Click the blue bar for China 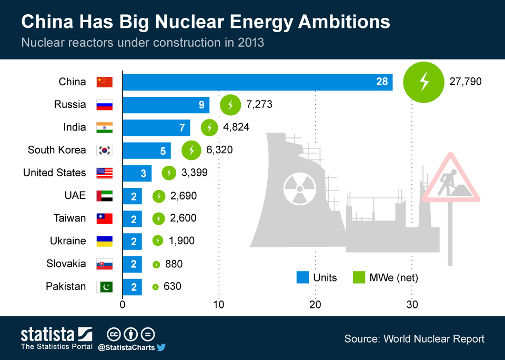(x=257, y=82)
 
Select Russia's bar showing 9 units (x=166, y=105)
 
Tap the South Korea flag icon (x=104, y=151)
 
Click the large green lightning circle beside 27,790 (x=424, y=82)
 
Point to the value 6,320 (x=219, y=150)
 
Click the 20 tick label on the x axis (x=315, y=304)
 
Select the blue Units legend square (x=302, y=277)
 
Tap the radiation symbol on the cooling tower (x=298, y=189)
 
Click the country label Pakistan (x=66, y=286)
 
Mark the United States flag (x=104, y=173)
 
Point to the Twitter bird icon (x=161, y=347)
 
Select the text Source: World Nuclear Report (x=414, y=338)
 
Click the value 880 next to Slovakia (x=174, y=264)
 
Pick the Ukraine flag (x=104, y=242)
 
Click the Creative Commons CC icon (x=114, y=334)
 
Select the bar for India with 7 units (x=156, y=127)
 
